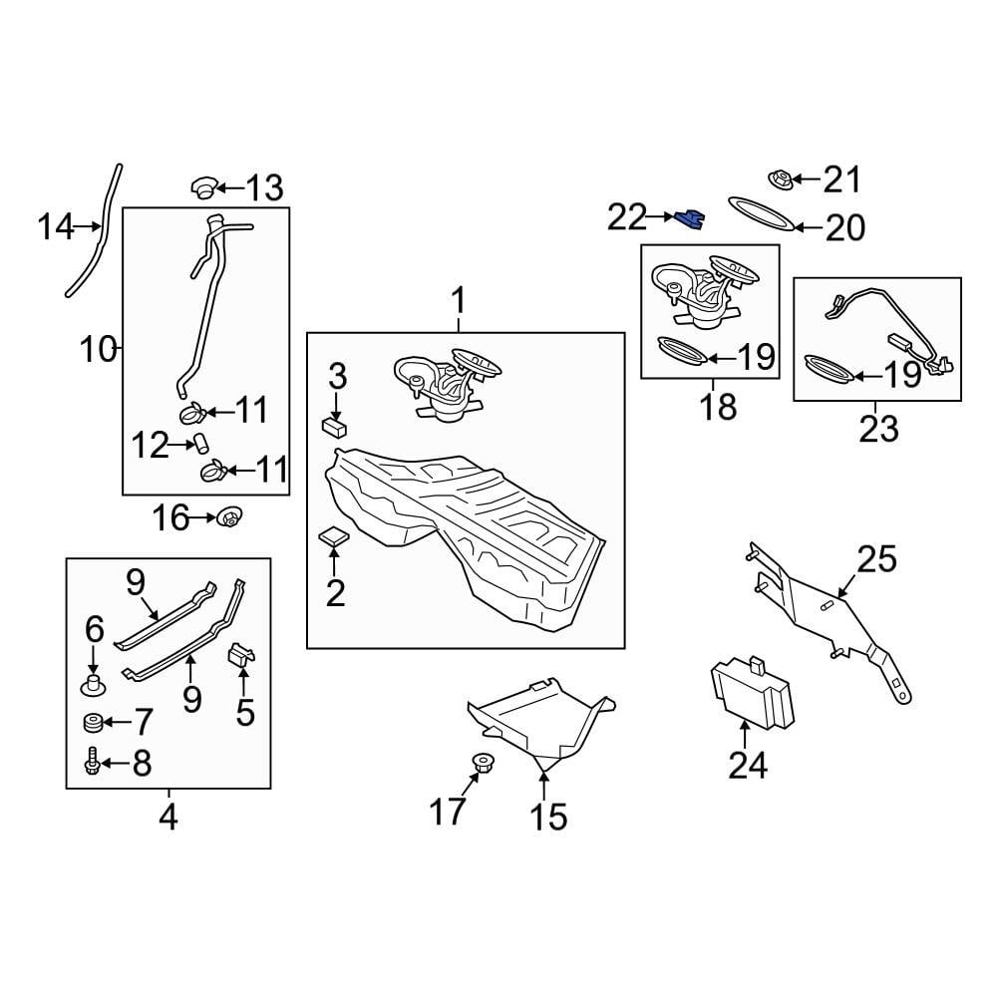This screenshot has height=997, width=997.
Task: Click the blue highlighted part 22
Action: coord(689,218)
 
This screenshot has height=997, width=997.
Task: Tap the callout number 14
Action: coord(56,228)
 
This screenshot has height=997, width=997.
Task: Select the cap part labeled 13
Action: coord(203,186)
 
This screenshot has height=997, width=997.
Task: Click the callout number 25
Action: coord(876,558)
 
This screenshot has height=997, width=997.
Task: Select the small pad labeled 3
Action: coord(334,426)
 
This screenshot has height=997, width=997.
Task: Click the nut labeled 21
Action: coord(782,180)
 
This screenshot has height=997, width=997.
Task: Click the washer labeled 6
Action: coord(93,685)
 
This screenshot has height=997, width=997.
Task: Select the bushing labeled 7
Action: coord(93,722)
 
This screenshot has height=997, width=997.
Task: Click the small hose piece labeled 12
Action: coord(199,444)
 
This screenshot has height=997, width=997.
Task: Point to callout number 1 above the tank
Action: coord(459,298)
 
